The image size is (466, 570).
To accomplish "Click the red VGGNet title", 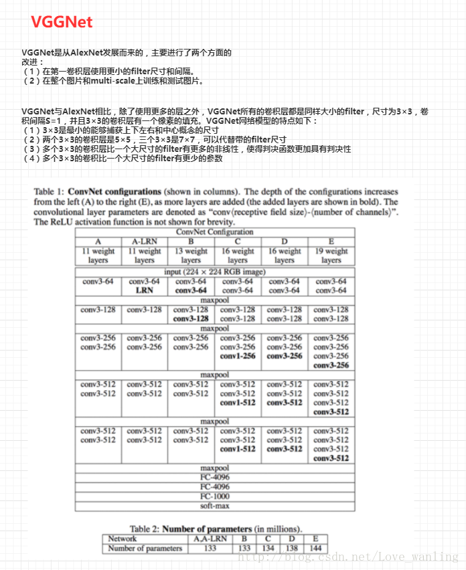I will pos(62,22).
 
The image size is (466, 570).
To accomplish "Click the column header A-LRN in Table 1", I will pos(145,241).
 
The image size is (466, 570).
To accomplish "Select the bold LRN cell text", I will pos(145,290).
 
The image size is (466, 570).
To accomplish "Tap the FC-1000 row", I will pos(214,497).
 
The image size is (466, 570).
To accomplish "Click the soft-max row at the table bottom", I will pos(214,506).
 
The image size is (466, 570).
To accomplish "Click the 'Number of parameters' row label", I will pos(145,548).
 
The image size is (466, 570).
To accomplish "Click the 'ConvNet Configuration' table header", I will pos(214,231).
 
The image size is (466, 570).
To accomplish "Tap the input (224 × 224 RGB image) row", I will pos(214,272).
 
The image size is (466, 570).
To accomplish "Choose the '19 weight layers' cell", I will pos(331,256).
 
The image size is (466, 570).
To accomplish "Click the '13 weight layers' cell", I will pos(191,256).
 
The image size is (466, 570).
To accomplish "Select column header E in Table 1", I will pos(331,241).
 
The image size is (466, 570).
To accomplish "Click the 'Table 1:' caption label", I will pos(52,192).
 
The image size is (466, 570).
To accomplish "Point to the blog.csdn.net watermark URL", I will pos(348,557).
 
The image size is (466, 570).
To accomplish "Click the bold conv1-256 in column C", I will pos(238,356).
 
